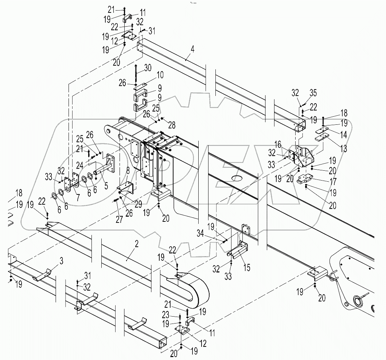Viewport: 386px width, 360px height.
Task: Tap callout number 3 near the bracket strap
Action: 61,261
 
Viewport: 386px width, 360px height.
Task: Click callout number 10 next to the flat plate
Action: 160,76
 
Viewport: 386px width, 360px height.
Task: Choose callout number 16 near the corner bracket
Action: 288,145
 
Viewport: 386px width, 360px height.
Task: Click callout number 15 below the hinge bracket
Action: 247,268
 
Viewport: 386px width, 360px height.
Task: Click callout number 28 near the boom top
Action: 171,125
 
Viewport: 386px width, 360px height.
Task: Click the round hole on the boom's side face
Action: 237,179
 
